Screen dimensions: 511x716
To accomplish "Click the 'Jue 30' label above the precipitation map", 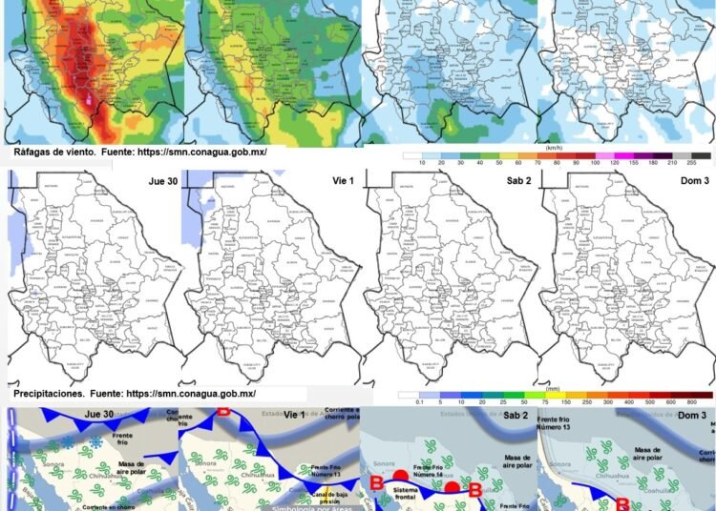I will tap(155, 179).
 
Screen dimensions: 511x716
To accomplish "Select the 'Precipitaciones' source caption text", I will tap(135, 393).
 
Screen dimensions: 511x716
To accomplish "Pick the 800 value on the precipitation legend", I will tap(703, 403).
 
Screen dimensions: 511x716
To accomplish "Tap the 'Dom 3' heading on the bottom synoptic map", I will tap(692, 417).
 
